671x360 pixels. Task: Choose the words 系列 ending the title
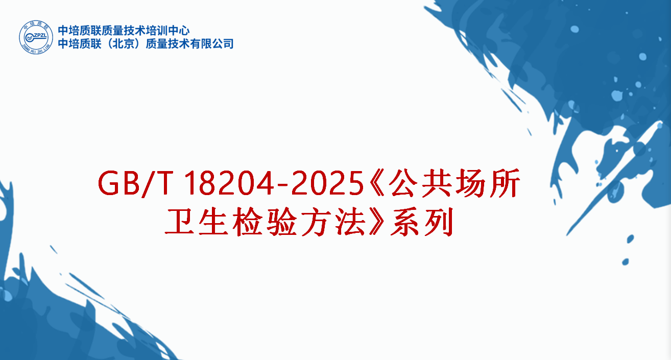pyautogui.click(x=421, y=223)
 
